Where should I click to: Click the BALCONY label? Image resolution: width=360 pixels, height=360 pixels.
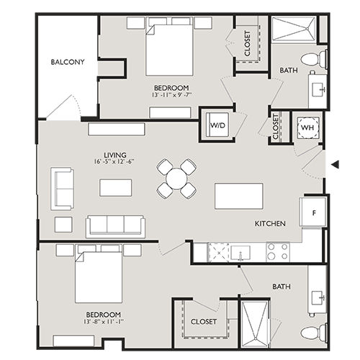pos(68,62)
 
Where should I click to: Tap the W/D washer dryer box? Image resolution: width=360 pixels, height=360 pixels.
pos(217,125)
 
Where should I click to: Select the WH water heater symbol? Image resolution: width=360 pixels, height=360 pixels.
pos(307,127)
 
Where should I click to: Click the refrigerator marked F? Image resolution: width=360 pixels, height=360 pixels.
pos(315,212)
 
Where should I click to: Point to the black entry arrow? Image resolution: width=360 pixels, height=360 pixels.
pos(334,166)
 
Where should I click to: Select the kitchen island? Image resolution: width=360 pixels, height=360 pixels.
pos(238,196)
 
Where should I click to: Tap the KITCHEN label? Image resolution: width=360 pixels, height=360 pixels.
pos(270,224)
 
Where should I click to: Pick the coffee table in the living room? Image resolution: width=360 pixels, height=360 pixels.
pos(116,187)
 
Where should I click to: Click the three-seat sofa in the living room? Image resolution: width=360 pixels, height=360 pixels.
pos(115,225)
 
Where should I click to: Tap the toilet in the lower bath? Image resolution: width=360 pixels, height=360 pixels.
pos(312,333)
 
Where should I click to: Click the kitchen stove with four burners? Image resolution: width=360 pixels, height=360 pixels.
pos(278,251)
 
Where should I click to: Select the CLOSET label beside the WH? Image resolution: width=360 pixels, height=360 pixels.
pos(277,128)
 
